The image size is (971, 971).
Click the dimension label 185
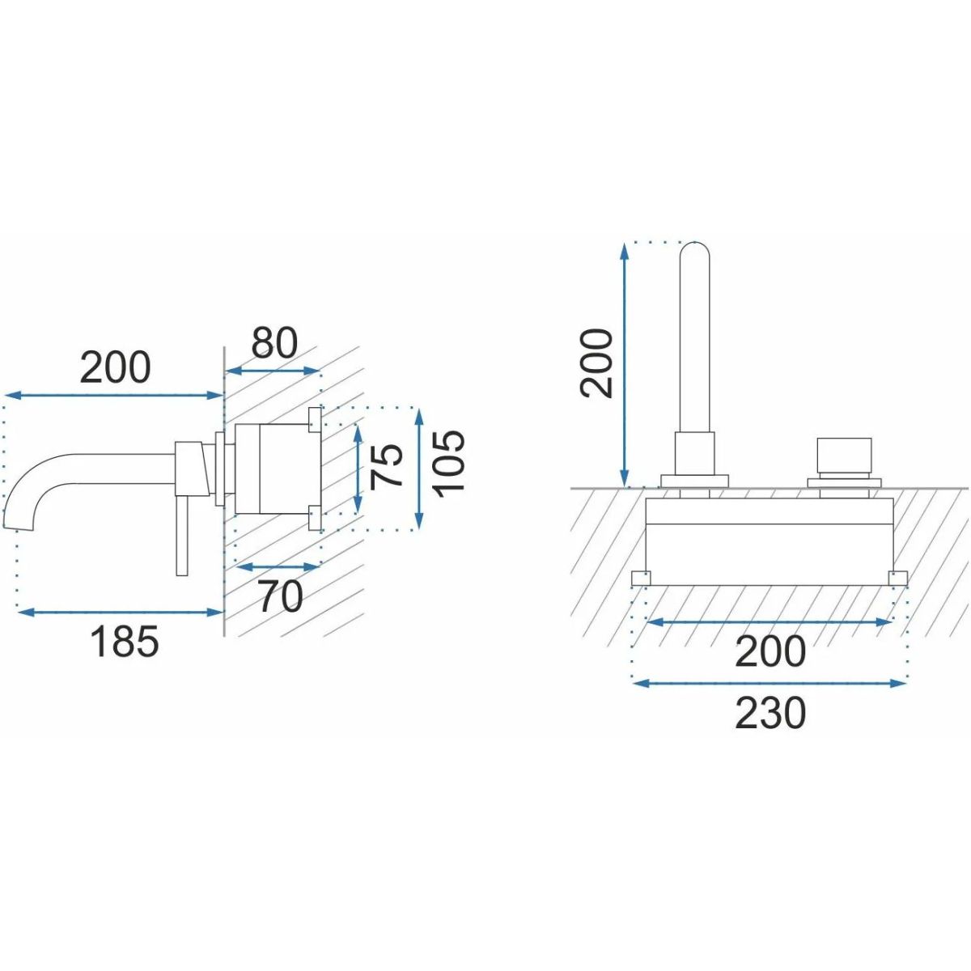click(x=125, y=641)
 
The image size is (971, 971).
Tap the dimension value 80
click(x=274, y=342)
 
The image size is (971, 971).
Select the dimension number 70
click(x=280, y=596)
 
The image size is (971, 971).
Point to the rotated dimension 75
click(x=386, y=467)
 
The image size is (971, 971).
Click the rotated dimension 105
click(x=449, y=464)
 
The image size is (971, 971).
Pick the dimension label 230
click(x=770, y=713)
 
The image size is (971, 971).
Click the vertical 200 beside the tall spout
click(x=596, y=363)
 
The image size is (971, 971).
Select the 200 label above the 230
click(x=770, y=651)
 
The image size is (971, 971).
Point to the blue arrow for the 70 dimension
click(x=278, y=567)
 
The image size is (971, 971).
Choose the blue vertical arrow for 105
click(x=418, y=469)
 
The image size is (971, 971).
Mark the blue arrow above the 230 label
click(x=770, y=684)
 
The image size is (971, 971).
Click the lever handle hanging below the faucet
click(x=182, y=534)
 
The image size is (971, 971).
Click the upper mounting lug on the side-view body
click(x=315, y=420)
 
